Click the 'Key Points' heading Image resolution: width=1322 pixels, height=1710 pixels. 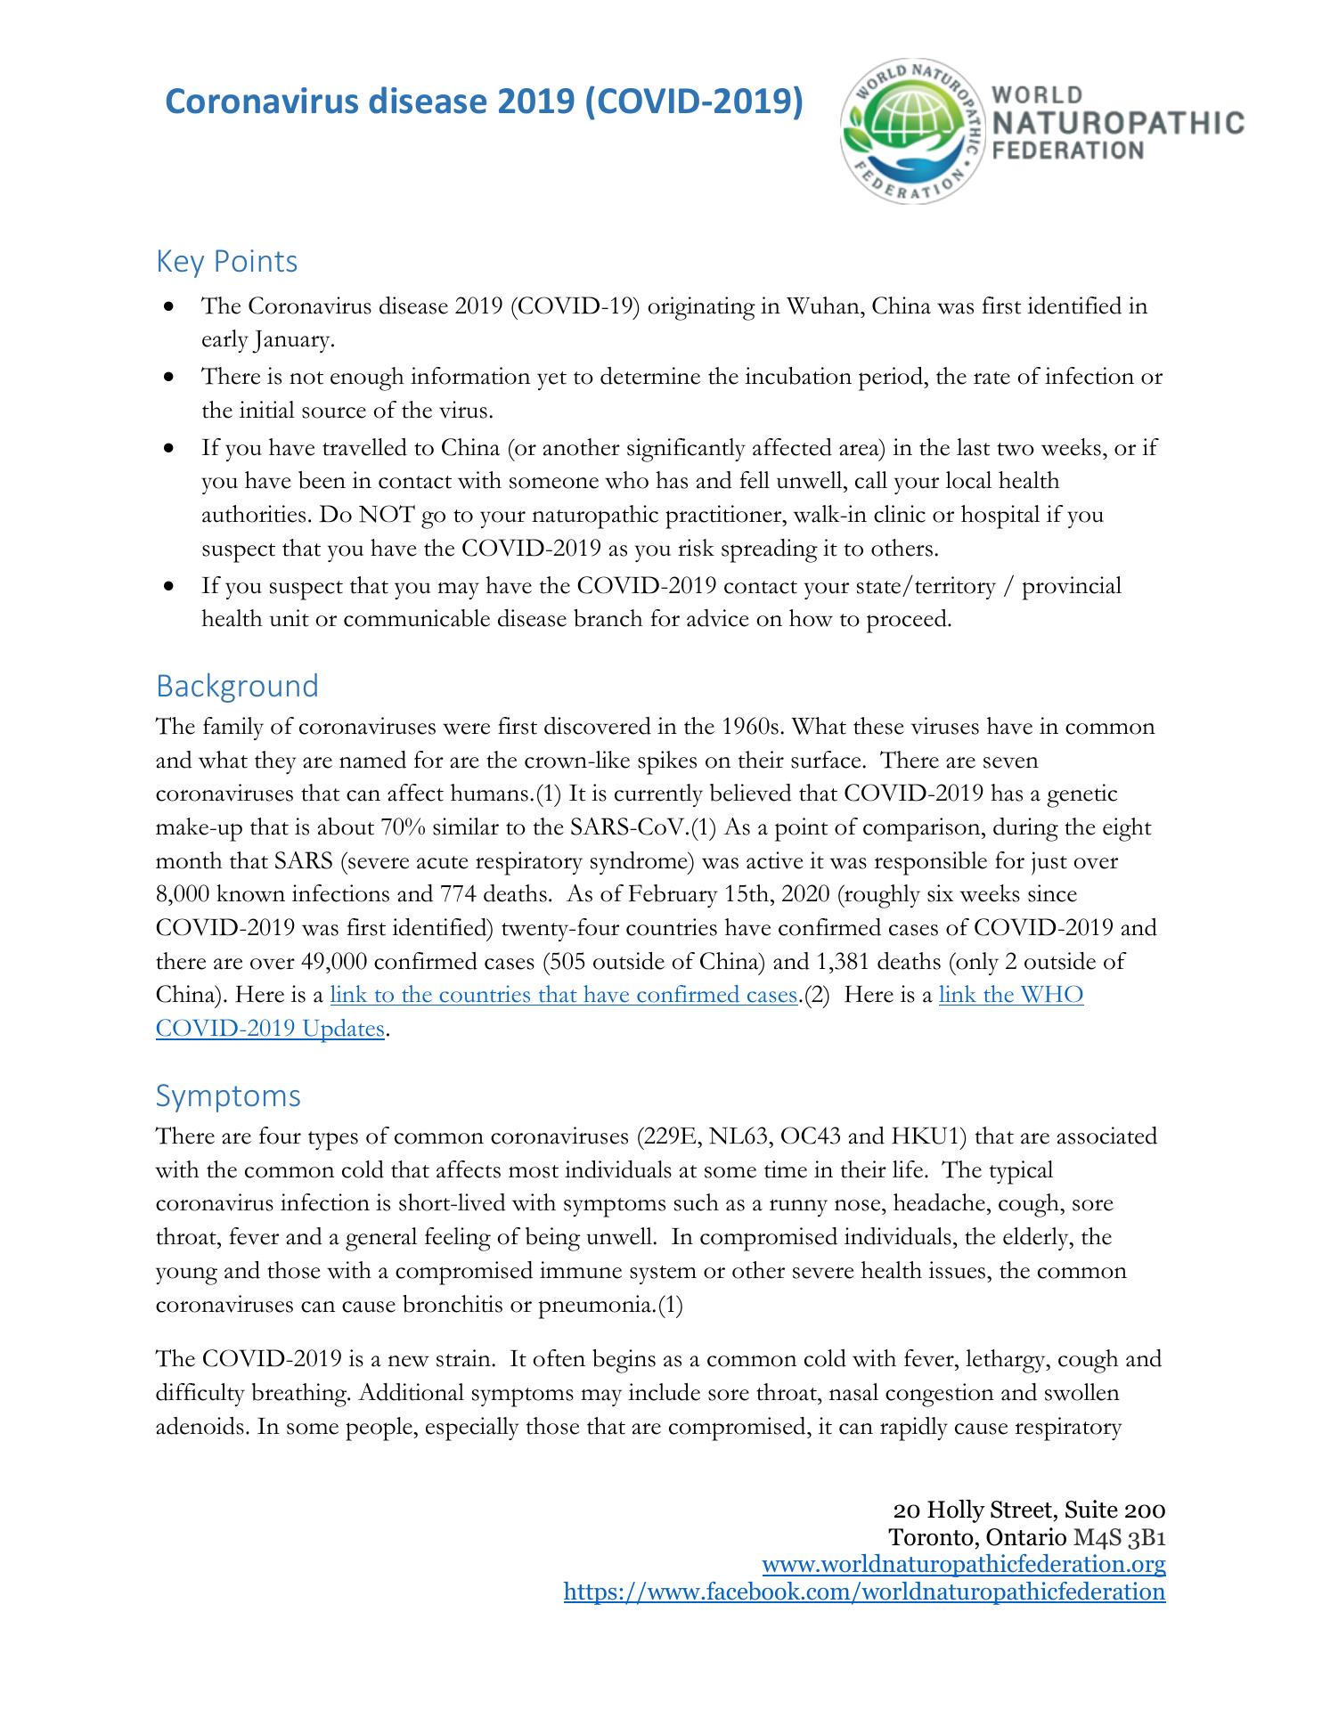tap(226, 262)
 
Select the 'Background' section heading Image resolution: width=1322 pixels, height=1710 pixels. tap(237, 686)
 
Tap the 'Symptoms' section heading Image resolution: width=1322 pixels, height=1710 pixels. tap(228, 1095)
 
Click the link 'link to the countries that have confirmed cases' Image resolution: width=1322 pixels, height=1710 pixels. tap(563, 995)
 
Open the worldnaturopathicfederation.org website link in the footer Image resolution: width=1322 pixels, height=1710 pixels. tap(964, 1564)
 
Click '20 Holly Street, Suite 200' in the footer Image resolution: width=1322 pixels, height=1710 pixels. tap(1029, 1510)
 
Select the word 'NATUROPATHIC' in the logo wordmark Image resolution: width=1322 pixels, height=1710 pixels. tap(1118, 123)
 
